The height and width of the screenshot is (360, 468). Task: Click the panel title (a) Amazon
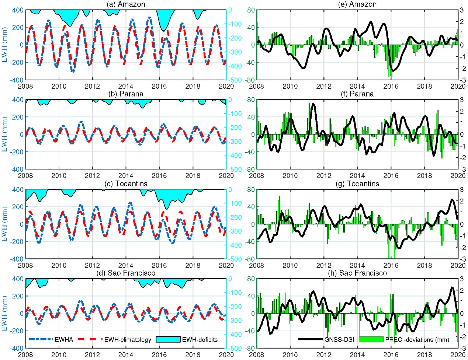point(125,4)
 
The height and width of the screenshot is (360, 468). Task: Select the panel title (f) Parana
point(357,94)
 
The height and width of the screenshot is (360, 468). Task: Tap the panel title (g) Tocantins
point(357,184)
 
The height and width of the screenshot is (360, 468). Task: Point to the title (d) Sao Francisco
point(125,273)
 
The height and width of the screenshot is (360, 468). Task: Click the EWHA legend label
point(65,339)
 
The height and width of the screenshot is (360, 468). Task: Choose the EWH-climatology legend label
point(128,339)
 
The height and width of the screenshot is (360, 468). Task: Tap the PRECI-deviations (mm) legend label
point(417,339)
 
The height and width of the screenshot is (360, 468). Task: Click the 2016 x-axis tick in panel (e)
point(391,86)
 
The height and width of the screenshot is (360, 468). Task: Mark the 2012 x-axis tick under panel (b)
point(92,176)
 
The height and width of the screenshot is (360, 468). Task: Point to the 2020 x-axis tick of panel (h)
point(458,355)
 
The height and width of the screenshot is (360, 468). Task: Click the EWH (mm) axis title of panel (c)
point(5,224)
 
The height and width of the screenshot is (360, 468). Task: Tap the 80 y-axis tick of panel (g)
point(251,189)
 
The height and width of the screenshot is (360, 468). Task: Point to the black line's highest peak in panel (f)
point(313,104)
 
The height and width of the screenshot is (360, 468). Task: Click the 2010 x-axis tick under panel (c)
point(59,265)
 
